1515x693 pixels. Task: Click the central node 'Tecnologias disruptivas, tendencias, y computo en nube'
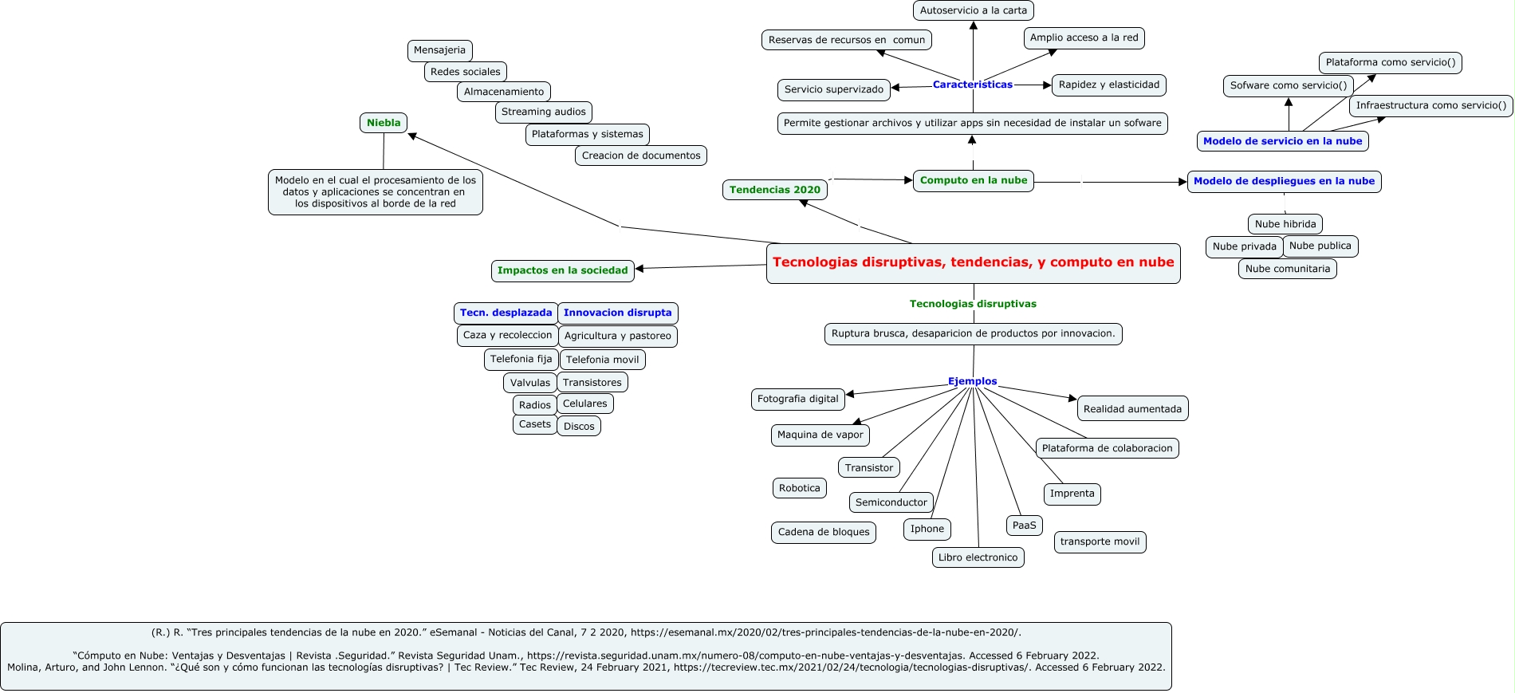[973, 262]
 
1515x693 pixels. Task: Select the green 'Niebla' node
[384, 123]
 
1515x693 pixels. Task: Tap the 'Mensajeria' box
[439, 50]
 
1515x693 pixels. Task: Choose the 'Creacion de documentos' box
[641, 156]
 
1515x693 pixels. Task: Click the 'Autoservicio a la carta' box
[973, 10]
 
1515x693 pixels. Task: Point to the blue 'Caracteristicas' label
[972, 85]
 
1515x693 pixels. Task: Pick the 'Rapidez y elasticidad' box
[1108, 85]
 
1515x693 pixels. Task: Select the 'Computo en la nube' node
[973, 180]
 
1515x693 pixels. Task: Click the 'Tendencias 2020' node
[774, 190]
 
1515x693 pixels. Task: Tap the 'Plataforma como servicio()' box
[1390, 62]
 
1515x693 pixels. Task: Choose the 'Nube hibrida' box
[1285, 224]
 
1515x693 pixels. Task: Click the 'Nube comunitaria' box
[1287, 269]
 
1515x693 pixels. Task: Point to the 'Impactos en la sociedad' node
[562, 270]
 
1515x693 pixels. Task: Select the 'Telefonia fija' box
[521, 359]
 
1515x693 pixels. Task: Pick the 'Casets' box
[534, 424]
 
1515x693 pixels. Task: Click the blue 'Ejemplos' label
[972, 381]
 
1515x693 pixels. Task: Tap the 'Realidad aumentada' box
[1132, 409]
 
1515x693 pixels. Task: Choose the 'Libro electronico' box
[978, 557]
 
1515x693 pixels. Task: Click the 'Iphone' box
[927, 529]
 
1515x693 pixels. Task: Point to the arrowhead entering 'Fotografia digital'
[850, 393]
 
